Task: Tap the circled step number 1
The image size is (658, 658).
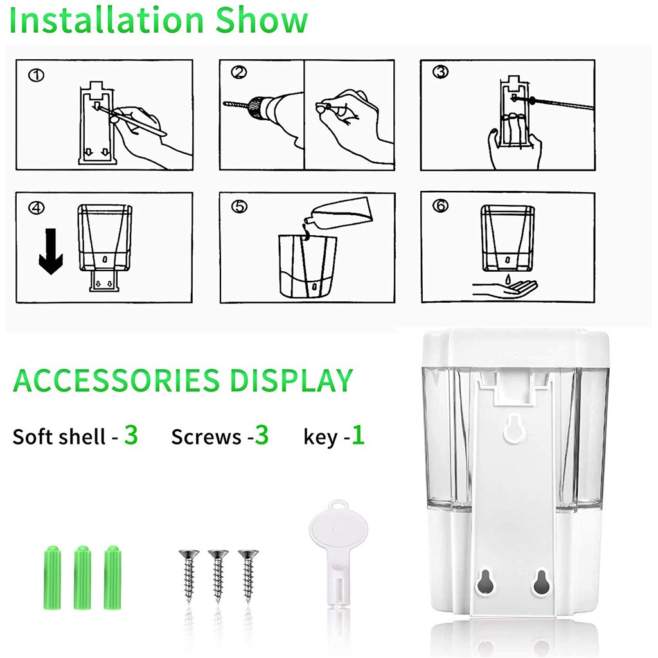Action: click(36, 76)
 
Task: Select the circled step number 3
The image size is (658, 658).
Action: click(440, 72)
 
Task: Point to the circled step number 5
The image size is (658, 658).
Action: click(239, 206)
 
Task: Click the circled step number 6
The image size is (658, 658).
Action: click(440, 206)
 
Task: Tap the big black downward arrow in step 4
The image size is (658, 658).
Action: click(51, 251)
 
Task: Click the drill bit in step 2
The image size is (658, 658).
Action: click(236, 103)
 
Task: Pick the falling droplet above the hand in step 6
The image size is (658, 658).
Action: click(508, 278)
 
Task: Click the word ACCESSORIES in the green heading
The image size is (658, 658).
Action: click(116, 380)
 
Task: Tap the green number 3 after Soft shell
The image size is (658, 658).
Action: click(131, 435)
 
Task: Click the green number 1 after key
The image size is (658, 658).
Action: click(358, 435)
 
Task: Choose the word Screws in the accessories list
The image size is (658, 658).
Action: click(206, 437)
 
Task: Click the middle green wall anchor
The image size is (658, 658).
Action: click(83, 578)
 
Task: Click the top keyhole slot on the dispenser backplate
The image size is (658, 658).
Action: click(515, 428)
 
